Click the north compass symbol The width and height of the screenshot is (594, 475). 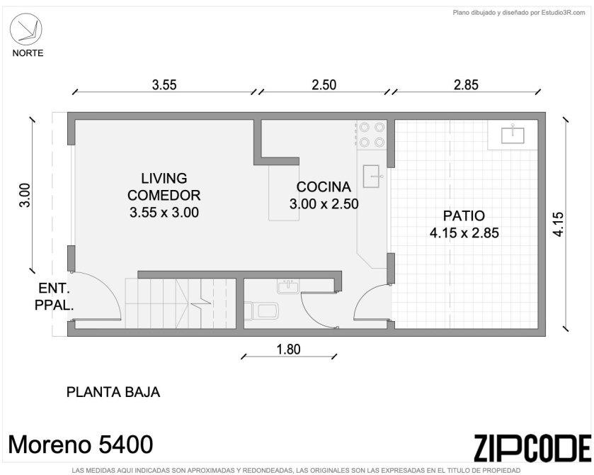coord(25,29)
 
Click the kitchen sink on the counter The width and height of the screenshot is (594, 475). coord(372,176)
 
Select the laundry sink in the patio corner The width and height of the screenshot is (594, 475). coord(513,135)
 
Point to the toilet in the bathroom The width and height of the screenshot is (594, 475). coord(262,311)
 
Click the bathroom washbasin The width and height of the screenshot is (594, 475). coord(288,286)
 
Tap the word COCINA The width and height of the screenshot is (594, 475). coord(324,186)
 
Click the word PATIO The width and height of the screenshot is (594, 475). coord(464,216)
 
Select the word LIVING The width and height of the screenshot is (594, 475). coord(164,178)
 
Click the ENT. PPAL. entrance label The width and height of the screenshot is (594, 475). coord(54,296)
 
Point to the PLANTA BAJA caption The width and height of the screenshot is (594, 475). coord(113,392)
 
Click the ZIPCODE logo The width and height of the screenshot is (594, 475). coord(532,449)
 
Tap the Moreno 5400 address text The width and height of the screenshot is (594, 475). coord(81,445)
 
